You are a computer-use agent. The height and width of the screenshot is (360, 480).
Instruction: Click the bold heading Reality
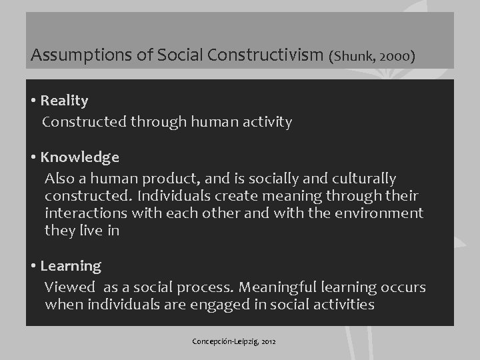click(x=64, y=101)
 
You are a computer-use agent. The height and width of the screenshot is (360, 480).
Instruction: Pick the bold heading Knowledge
click(x=80, y=157)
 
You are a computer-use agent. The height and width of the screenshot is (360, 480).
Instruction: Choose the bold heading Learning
click(x=71, y=266)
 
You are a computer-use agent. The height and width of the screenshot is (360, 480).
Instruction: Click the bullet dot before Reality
click(x=33, y=101)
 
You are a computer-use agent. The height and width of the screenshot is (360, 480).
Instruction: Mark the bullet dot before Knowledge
click(x=33, y=158)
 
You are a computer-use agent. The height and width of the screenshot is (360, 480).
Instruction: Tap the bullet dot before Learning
click(x=33, y=267)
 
